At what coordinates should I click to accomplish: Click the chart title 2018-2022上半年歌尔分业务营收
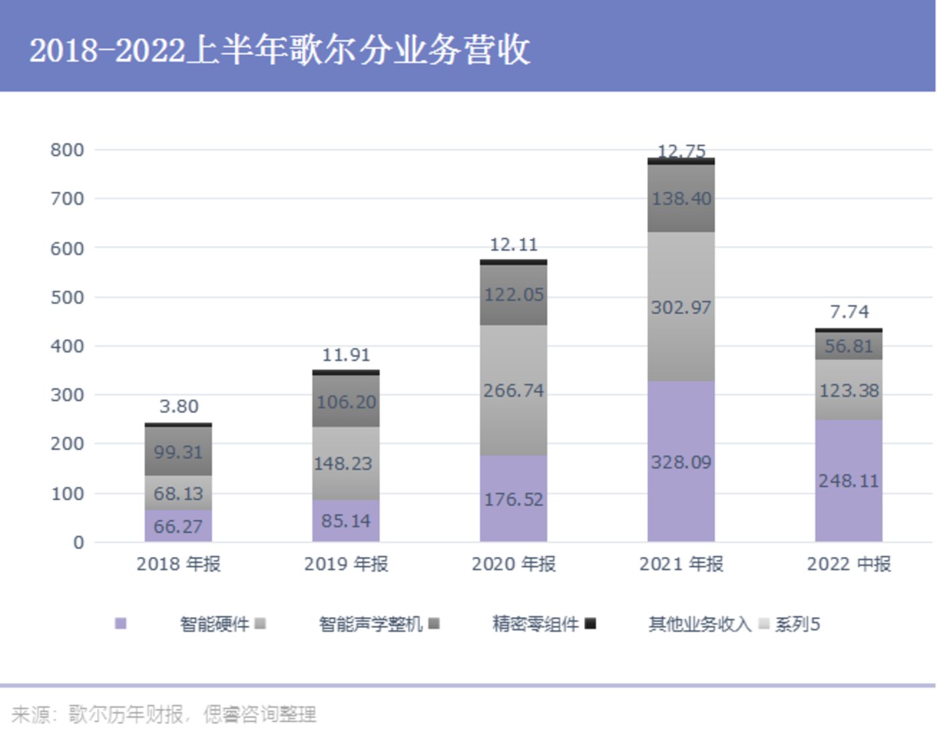(x=280, y=50)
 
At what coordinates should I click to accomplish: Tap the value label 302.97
(x=681, y=307)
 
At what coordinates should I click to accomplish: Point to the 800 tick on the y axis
(x=67, y=150)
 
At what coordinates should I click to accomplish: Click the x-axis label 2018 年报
(x=178, y=564)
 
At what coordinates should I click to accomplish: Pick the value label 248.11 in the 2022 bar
(x=848, y=481)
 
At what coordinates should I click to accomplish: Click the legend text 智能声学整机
(x=370, y=625)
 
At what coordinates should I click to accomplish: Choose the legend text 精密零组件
(x=535, y=625)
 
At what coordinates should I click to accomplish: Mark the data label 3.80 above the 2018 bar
(x=179, y=406)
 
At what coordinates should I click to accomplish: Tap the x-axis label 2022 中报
(x=849, y=564)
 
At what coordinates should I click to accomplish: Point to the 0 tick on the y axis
(x=78, y=542)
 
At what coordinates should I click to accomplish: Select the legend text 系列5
(x=797, y=625)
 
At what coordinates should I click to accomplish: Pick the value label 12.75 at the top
(x=681, y=151)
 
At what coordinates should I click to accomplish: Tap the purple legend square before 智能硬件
(x=120, y=624)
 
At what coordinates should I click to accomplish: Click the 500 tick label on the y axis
(x=67, y=297)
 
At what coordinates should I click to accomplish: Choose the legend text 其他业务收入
(x=699, y=625)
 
